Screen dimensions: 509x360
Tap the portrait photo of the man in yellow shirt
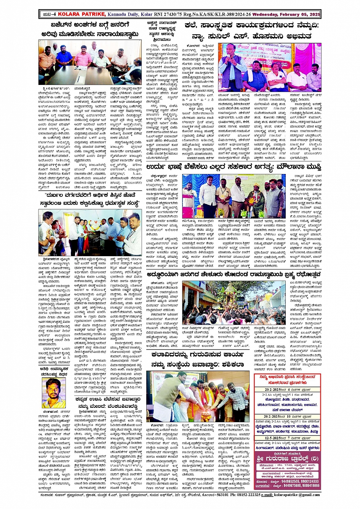point(53,393)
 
